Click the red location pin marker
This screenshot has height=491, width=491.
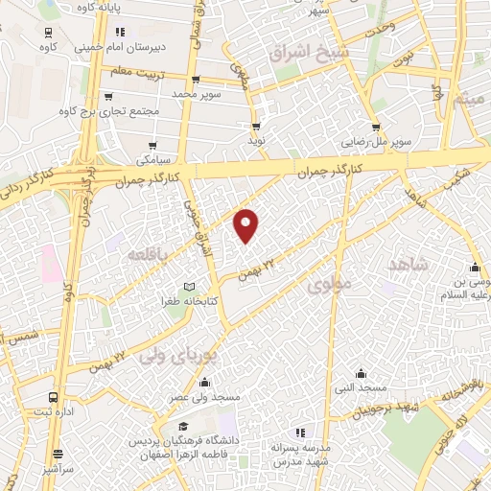(x=247, y=224)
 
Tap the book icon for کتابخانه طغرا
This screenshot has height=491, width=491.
(x=189, y=287)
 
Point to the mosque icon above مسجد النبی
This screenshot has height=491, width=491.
(x=361, y=374)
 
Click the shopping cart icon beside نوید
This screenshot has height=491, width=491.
(x=256, y=126)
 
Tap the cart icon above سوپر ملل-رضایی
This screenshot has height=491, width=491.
(x=376, y=126)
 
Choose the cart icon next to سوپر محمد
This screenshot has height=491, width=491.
(x=197, y=80)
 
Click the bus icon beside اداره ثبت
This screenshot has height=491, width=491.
(x=52, y=397)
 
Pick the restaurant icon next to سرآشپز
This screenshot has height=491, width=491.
(x=58, y=454)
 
